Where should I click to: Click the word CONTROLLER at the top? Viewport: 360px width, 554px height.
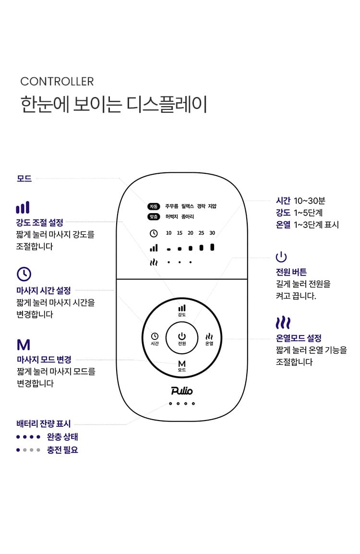click(57, 81)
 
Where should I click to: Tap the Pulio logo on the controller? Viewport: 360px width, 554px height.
click(182, 390)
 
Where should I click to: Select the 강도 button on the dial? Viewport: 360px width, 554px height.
click(182, 311)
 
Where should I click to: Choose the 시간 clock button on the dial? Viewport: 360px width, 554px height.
click(155, 338)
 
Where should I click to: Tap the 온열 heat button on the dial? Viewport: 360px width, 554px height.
click(209, 338)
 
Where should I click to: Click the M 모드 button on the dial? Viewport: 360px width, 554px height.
click(182, 366)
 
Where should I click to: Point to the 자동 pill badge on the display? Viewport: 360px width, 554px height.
click(154, 206)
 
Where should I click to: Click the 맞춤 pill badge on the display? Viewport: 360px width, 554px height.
click(154, 217)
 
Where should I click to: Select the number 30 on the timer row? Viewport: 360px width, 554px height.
click(212, 233)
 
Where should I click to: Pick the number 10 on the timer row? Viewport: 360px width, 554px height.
click(168, 233)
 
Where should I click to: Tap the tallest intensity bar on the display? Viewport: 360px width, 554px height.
click(212, 247)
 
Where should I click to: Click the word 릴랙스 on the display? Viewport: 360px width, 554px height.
click(188, 206)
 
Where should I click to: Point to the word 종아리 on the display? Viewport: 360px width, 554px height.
click(188, 217)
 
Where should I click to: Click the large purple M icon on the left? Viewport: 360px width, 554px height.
click(24, 345)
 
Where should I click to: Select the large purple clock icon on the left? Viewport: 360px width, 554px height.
click(24, 274)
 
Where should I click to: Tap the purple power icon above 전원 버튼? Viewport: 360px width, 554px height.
click(281, 257)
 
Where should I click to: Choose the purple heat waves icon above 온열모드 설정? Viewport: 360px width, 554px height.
click(283, 323)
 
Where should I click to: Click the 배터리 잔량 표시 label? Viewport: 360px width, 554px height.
click(44, 423)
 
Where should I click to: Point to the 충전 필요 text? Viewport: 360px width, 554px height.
click(62, 450)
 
